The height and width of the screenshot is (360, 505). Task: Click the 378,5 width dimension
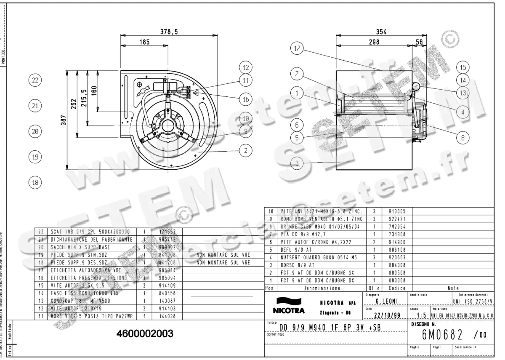coord(168,31)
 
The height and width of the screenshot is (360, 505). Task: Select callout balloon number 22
coord(35,80)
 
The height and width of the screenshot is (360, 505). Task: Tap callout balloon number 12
coord(246,67)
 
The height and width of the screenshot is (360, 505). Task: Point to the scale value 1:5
coord(419,316)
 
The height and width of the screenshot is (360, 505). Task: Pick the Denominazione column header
coord(322,288)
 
